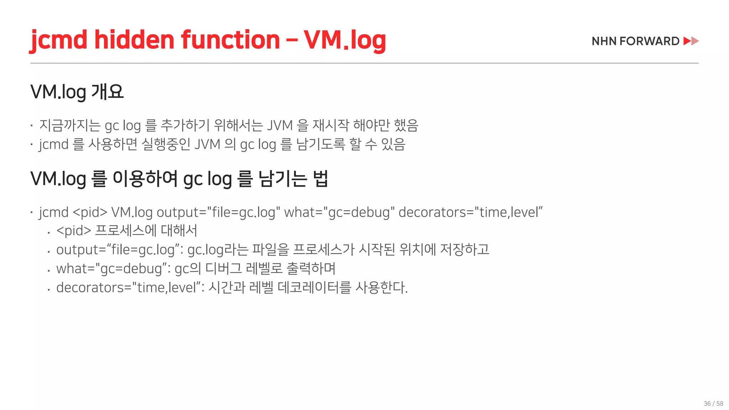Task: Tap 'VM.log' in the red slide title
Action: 345,40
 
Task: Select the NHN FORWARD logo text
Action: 635,41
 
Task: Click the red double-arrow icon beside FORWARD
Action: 691,41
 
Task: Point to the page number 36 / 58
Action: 713,404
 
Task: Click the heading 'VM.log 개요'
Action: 77,92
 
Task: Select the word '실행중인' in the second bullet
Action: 166,144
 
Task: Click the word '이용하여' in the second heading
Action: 145,178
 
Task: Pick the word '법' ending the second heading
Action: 320,178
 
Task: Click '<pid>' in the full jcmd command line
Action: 90,212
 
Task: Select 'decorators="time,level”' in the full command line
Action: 470,212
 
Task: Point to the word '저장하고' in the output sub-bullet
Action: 465,249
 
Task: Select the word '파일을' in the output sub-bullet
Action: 270,249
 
